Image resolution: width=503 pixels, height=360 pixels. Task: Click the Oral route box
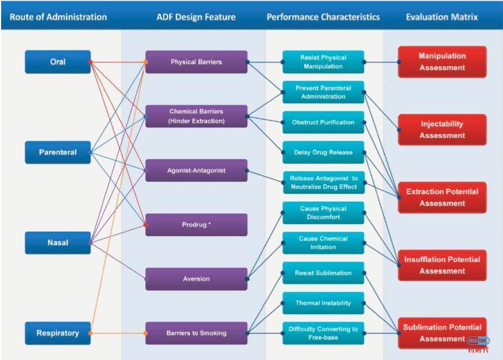(x=58, y=62)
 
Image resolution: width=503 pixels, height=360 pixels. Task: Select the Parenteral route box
(x=58, y=153)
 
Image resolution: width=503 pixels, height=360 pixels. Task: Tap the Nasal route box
(x=58, y=243)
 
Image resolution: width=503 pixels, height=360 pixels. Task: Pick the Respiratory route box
(x=58, y=333)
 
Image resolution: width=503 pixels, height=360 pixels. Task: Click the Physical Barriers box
(x=196, y=62)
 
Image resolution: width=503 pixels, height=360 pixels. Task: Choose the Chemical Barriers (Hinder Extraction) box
(x=196, y=116)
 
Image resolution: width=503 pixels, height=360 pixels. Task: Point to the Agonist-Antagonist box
(x=196, y=170)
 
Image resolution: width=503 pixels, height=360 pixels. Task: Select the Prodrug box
(x=196, y=224)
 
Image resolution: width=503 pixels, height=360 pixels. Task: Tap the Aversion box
(x=196, y=279)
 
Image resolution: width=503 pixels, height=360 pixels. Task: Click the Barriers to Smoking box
(x=196, y=333)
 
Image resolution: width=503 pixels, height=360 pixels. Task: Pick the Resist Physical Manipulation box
(x=323, y=62)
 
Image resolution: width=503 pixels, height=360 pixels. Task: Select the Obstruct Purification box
(x=323, y=123)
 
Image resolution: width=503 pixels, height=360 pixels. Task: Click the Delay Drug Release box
(x=323, y=153)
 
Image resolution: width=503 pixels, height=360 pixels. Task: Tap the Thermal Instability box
(x=323, y=303)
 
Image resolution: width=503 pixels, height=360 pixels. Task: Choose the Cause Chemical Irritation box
(x=323, y=243)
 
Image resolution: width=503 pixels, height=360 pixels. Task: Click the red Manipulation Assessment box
(x=442, y=62)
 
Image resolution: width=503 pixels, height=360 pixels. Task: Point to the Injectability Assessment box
(x=442, y=129)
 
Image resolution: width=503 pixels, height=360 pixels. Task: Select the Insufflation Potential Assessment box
(x=442, y=265)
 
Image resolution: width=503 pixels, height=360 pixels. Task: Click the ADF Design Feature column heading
(x=196, y=17)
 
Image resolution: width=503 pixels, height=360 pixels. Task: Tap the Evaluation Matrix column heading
(x=442, y=17)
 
